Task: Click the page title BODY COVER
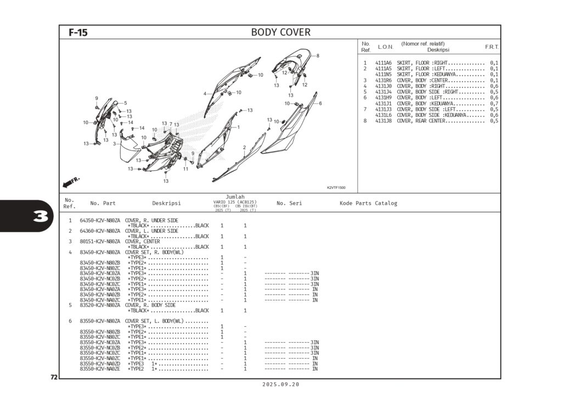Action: coord(280,32)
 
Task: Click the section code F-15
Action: coord(78,33)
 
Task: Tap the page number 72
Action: coord(54,377)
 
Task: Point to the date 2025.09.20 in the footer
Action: coord(280,385)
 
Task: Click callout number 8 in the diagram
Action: coord(317,55)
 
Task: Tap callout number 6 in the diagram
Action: coord(320,103)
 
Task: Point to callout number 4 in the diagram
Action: coord(205,94)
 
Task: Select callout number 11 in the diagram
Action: coord(186,169)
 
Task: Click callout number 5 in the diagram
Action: coord(125,103)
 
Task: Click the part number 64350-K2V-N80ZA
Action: coord(100,220)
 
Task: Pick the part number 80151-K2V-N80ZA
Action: coord(100,241)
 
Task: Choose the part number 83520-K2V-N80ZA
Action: coord(100,305)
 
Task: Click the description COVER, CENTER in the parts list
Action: coord(142,241)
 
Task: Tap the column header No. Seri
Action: coord(289,203)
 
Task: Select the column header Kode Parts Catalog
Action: coord(368,203)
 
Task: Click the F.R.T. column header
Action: coord(491,47)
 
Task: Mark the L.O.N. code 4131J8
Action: coord(383,121)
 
